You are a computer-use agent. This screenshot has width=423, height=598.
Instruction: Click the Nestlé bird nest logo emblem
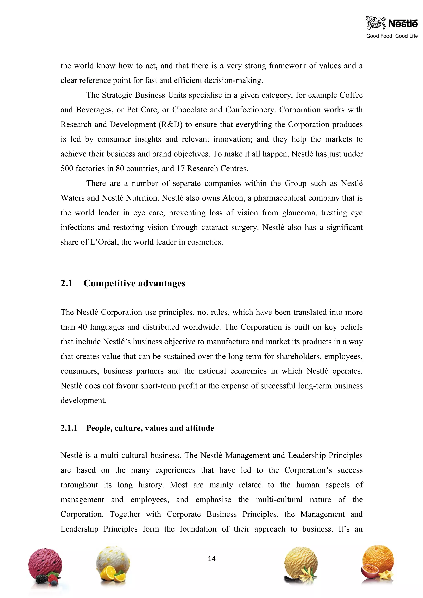click(x=375, y=23)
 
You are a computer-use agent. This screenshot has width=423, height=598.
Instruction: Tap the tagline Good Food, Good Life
click(x=392, y=36)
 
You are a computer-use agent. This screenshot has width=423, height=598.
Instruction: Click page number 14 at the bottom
click(x=211, y=558)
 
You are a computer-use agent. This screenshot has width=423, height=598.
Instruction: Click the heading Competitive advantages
click(x=134, y=283)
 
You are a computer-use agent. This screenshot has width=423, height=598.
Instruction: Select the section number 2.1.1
click(x=69, y=428)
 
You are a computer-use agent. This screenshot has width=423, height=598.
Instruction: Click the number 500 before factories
click(x=67, y=169)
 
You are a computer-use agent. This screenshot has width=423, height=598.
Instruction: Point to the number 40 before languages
click(x=82, y=327)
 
